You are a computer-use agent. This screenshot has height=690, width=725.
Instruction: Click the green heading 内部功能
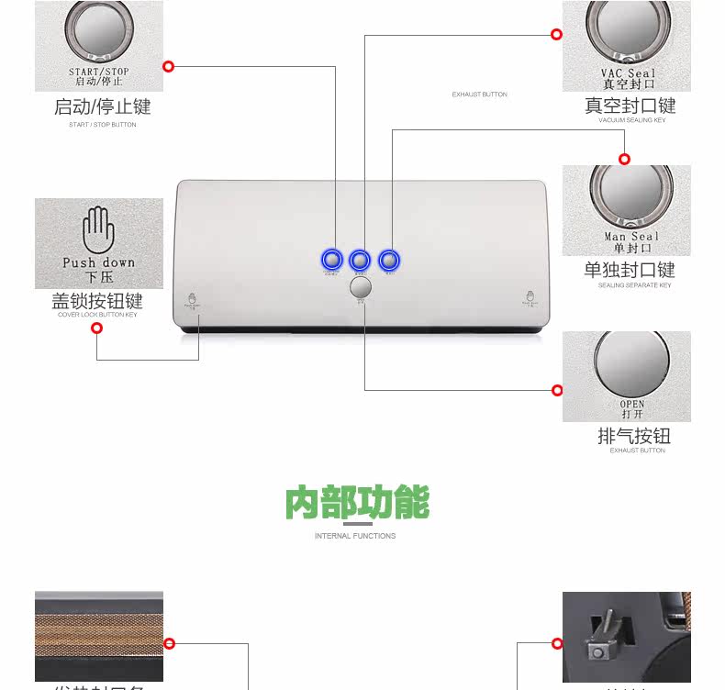click(x=357, y=503)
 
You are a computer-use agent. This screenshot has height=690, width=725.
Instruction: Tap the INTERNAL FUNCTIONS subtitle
click(x=355, y=536)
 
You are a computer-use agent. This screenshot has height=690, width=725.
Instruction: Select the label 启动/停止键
click(x=101, y=106)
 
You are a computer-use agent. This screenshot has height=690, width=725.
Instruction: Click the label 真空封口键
click(x=630, y=106)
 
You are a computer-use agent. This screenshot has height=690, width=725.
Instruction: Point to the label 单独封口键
click(x=630, y=270)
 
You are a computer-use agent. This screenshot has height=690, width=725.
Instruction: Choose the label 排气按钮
click(x=634, y=436)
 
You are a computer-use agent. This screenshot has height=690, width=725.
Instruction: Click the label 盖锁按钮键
click(x=97, y=301)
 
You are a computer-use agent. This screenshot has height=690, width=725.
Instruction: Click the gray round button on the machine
click(x=361, y=285)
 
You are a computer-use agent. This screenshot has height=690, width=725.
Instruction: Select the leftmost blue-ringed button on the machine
click(x=331, y=260)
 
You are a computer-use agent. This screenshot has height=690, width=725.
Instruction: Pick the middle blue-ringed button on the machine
click(x=360, y=260)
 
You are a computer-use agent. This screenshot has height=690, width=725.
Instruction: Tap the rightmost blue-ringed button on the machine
click(x=390, y=260)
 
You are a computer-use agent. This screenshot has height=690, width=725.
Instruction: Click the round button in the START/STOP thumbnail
click(x=98, y=30)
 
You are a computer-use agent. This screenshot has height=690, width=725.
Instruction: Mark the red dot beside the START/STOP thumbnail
click(x=169, y=66)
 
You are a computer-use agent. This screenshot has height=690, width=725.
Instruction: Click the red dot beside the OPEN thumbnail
click(x=557, y=390)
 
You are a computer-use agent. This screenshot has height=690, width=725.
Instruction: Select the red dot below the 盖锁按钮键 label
click(x=97, y=328)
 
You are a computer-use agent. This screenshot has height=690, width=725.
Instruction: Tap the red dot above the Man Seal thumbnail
click(x=624, y=159)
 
